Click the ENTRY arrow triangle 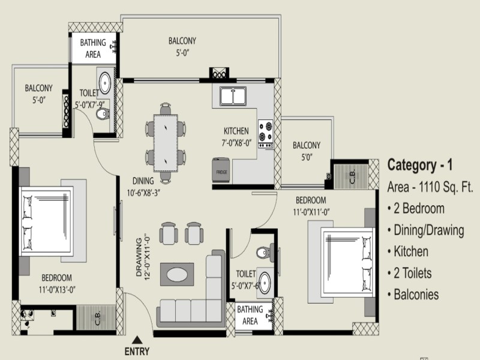(x=137, y=340)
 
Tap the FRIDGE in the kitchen (x=221, y=170)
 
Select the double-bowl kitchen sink (x=233, y=96)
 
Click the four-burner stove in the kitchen (x=265, y=134)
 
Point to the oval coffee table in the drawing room (x=177, y=274)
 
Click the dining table (x=166, y=143)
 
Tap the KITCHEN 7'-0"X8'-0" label (x=236, y=137)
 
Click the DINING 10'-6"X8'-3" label (x=143, y=187)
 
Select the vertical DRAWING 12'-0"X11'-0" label (x=143, y=257)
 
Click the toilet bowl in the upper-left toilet (x=103, y=114)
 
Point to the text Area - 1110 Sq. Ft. (x=430, y=187)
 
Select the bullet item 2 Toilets (x=409, y=273)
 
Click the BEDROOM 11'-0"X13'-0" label (x=57, y=283)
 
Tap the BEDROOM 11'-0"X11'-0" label (x=311, y=206)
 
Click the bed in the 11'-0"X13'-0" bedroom (x=47, y=221)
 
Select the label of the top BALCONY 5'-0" (x=182, y=47)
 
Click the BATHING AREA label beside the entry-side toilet (x=250, y=315)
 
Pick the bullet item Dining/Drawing (x=425, y=230)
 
